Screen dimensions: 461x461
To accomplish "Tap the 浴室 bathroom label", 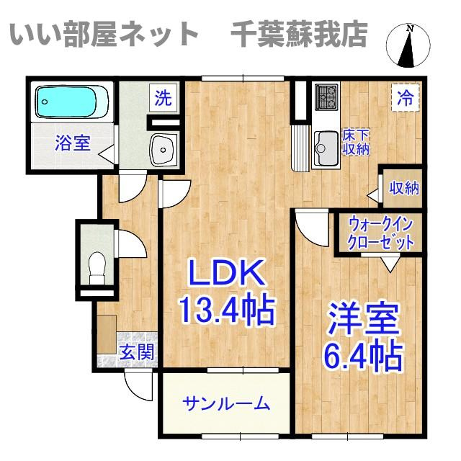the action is click(x=73, y=143).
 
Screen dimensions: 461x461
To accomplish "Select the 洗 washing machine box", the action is click(x=164, y=98).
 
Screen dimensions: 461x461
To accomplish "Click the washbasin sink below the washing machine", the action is click(x=164, y=149).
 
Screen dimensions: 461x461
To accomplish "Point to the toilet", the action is click(x=97, y=267).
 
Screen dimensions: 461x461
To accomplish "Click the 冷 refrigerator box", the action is click(x=406, y=98).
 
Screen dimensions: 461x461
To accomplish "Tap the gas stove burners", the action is click(x=326, y=97).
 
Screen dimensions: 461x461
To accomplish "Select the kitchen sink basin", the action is click(x=326, y=148).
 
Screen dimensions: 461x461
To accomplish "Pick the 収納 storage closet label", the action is click(x=404, y=188).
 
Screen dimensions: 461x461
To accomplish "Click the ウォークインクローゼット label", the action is click(x=381, y=234).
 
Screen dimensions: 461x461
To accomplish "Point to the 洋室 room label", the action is click(x=364, y=319).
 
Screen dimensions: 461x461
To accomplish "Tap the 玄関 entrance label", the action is click(x=138, y=352).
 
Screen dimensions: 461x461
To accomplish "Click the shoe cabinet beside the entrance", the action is click(x=107, y=334).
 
